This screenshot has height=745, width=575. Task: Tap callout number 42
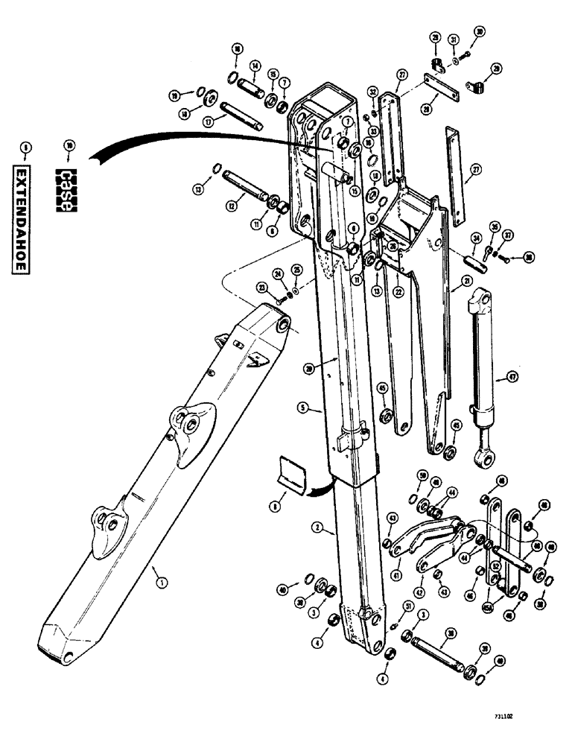pos(419,592)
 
